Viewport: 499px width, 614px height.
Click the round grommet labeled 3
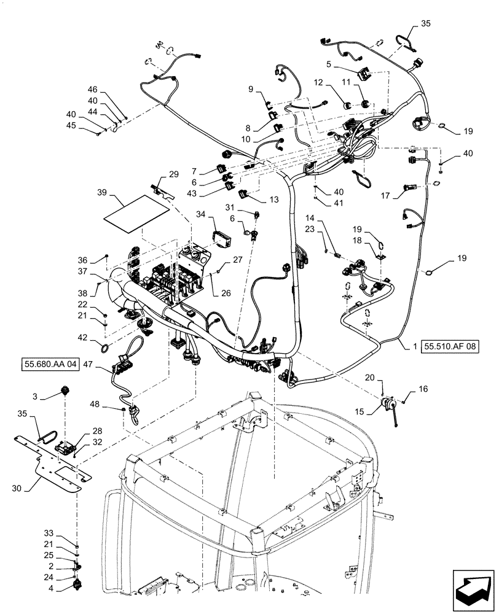pyautogui.click(x=65, y=391)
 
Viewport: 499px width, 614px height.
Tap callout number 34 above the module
pyautogui.click(x=200, y=214)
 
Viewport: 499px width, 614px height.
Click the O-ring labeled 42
pyautogui.click(x=106, y=348)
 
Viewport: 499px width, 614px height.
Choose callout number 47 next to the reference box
pyautogui.click(x=87, y=365)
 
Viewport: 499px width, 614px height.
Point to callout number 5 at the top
pyautogui.click(x=329, y=64)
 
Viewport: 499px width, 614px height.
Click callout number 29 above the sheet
pyautogui.click(x=173, y=175)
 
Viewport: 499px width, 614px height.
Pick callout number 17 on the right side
pyautogui.click(x=385, y=196)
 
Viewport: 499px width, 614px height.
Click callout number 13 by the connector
pyautogui.click(x=273, y=200)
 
